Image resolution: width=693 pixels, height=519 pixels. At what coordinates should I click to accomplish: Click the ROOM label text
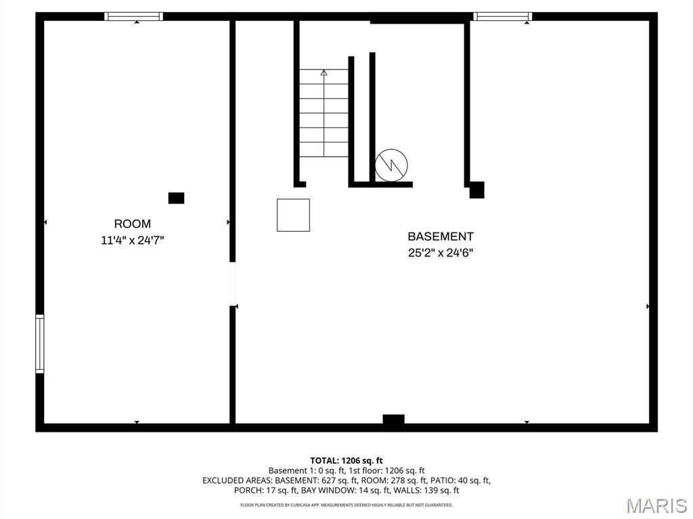(x=132, y=224)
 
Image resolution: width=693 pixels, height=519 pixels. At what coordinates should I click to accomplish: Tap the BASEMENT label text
(x=440, y=237)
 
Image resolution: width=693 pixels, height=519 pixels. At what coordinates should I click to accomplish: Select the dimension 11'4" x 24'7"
(x=133, y=241)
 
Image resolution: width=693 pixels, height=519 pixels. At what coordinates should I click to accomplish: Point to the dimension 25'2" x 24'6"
(x=441, y=253)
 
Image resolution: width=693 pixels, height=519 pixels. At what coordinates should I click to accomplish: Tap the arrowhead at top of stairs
(x=324, y=72)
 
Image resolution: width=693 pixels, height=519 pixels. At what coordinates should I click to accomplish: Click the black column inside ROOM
(x=177, y=198)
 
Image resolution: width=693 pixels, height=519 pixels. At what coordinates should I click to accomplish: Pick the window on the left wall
(x=40, y=344)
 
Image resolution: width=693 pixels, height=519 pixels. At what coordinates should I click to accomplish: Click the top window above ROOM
(x=133, y=16)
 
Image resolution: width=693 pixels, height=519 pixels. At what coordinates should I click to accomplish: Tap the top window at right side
(x=503, y=16)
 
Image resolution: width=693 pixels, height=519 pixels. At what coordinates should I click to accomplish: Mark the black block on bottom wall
(x=393, y=419)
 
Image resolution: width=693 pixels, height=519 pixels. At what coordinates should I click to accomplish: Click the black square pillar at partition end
(x=476, y=190)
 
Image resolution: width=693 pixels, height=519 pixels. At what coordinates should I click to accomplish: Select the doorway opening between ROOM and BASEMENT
(x=233, y=284)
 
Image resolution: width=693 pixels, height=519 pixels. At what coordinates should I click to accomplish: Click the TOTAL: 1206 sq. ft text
(x=346, y=461)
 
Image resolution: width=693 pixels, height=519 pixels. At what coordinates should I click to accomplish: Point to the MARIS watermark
(x=656, y=505)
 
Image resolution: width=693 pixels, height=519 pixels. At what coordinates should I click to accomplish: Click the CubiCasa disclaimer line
(x=346, y=504)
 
